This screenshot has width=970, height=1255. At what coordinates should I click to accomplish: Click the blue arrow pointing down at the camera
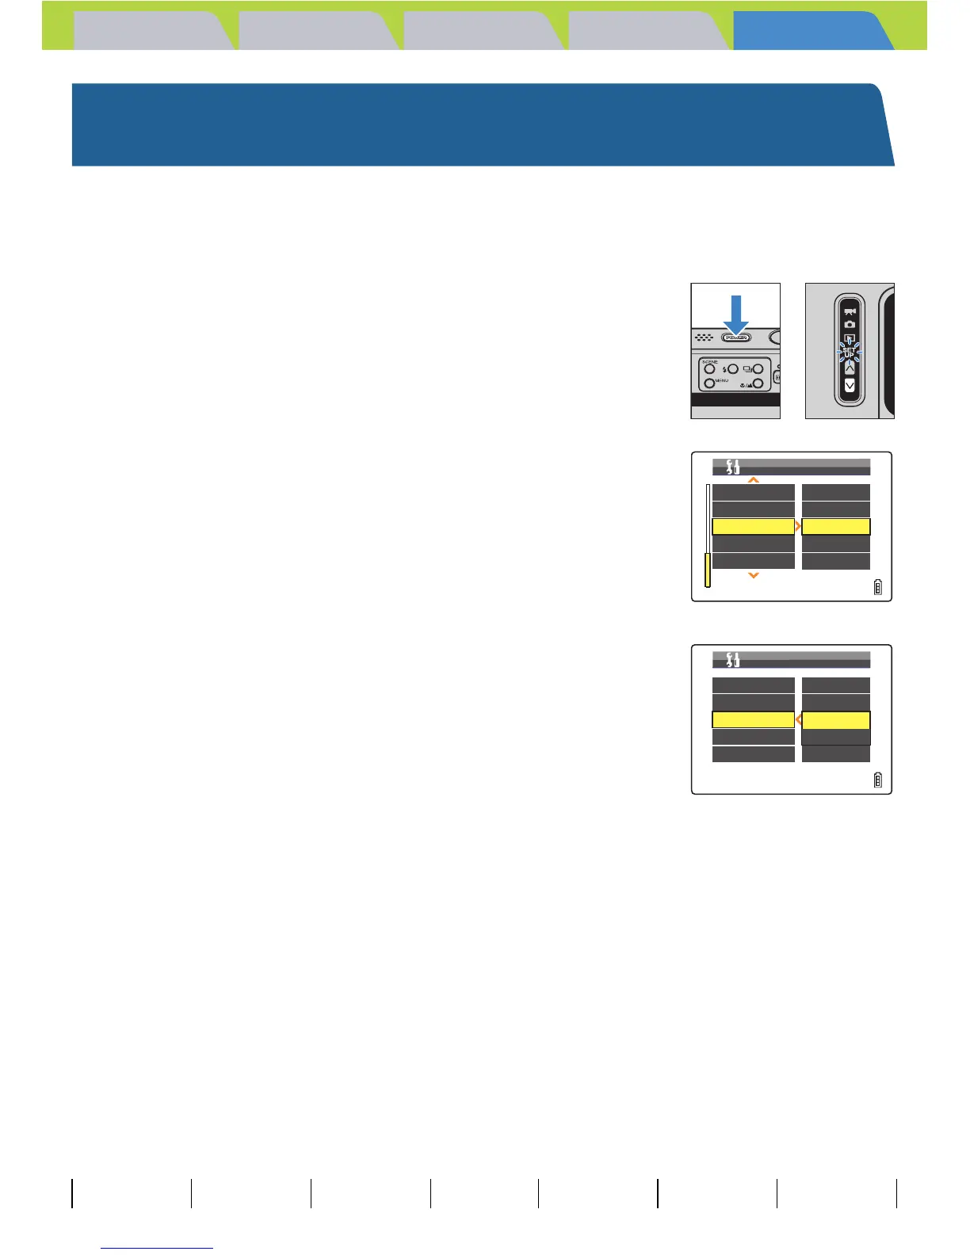coord(736,313)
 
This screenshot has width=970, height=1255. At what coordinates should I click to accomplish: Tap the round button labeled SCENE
coord(709,369)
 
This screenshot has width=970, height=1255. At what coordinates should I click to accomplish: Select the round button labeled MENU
coord(709,383)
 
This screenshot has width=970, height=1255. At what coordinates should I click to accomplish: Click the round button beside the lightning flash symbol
coord(733,369)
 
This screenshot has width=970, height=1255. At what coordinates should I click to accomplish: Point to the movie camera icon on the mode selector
coord(850,311)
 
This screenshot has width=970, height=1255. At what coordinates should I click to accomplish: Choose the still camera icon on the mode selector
coord(850,324)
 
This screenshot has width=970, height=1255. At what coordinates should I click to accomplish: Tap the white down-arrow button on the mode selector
coord(850,386)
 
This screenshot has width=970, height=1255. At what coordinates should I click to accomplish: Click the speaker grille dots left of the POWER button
coord(704,338)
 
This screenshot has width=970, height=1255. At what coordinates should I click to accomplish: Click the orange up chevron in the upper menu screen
coord(754,479)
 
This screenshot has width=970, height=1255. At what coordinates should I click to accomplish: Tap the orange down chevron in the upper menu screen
coord(754,575)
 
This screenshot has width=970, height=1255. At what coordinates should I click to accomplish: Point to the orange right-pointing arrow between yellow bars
coord(798,527)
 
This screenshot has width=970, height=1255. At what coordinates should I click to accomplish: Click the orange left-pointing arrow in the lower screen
coord(798,720)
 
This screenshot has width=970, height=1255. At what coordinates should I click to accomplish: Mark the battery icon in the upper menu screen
coord(877,588)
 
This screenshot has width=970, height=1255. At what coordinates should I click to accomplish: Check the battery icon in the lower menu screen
coord(877,780)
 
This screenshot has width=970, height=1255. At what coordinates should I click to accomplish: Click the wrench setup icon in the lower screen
coord(733,659)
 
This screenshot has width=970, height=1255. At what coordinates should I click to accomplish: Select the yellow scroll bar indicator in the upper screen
coord(708,570)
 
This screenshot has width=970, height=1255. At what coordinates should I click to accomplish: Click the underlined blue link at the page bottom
coord(158,1248)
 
